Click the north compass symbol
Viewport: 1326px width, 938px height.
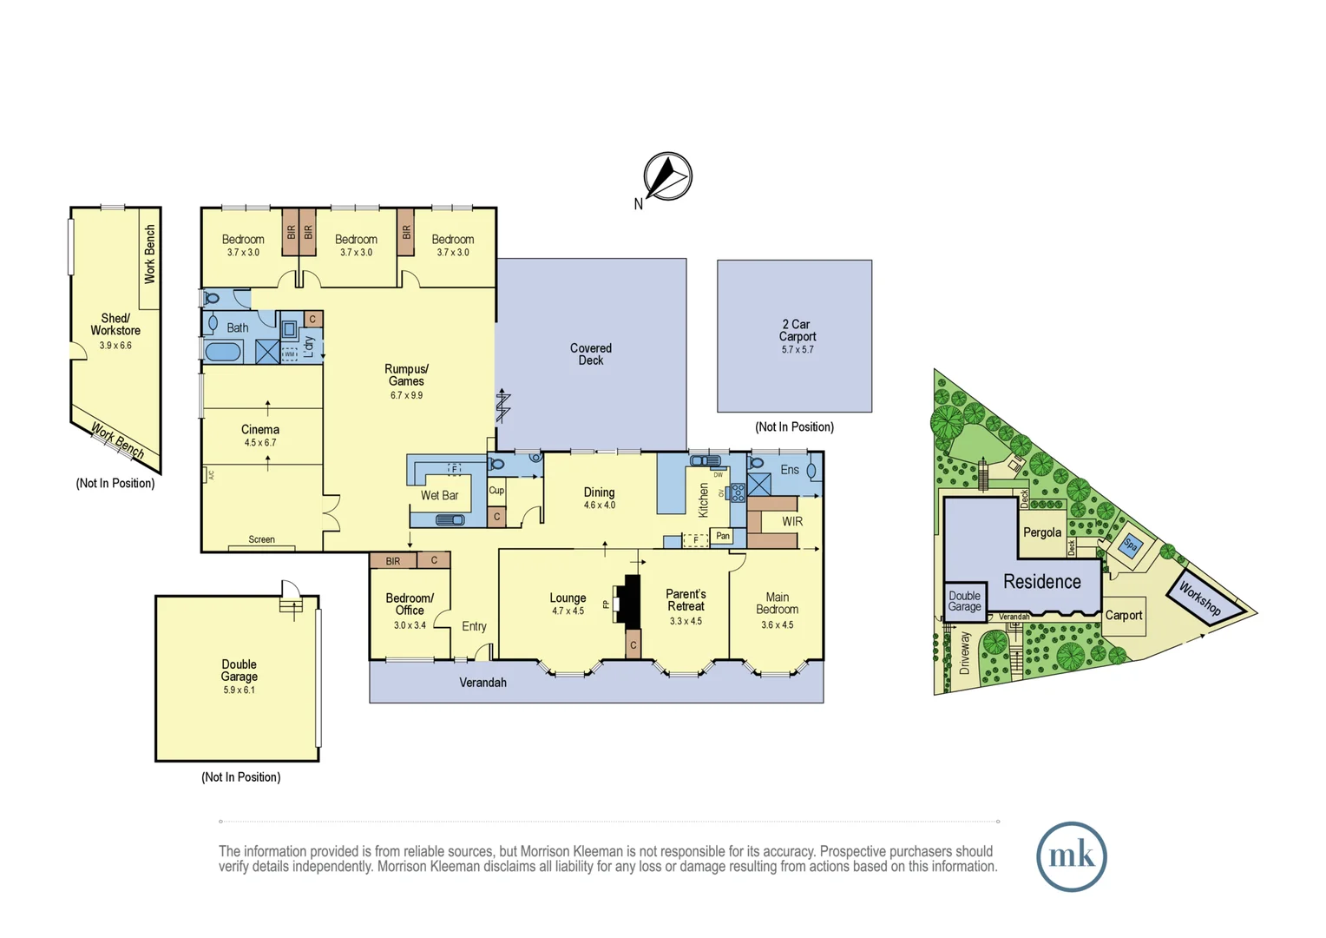tap(667, 176)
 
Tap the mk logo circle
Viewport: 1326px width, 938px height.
tap(1071, 856)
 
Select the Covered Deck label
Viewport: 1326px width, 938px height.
tap(591, 354)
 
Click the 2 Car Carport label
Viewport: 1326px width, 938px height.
tap(797, 331)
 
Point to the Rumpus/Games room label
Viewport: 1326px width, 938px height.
tap(406, 375)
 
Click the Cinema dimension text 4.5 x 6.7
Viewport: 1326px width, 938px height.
tap(260, 443)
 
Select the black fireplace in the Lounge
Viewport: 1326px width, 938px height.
tap(631, 600)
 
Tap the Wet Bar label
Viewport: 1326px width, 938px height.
tap(439, 495)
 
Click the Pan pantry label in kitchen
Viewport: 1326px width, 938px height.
tap(723, 536)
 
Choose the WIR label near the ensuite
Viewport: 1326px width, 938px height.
tap(791, 522)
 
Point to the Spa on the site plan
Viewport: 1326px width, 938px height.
tap(1130, 545)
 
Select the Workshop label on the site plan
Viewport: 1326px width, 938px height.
tap(1200, 599)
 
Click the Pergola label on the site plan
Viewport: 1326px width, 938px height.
tap(1042, 532)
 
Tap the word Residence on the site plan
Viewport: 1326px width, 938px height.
tap(1042, 582)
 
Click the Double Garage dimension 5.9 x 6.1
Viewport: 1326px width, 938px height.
tap(239, 690)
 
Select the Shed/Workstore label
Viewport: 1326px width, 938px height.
tap(115, 325)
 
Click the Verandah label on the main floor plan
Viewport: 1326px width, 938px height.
tap(482, 683)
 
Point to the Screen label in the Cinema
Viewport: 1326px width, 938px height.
tap(261, 539)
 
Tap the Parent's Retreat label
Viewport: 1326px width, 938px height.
tap(686, 600)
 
